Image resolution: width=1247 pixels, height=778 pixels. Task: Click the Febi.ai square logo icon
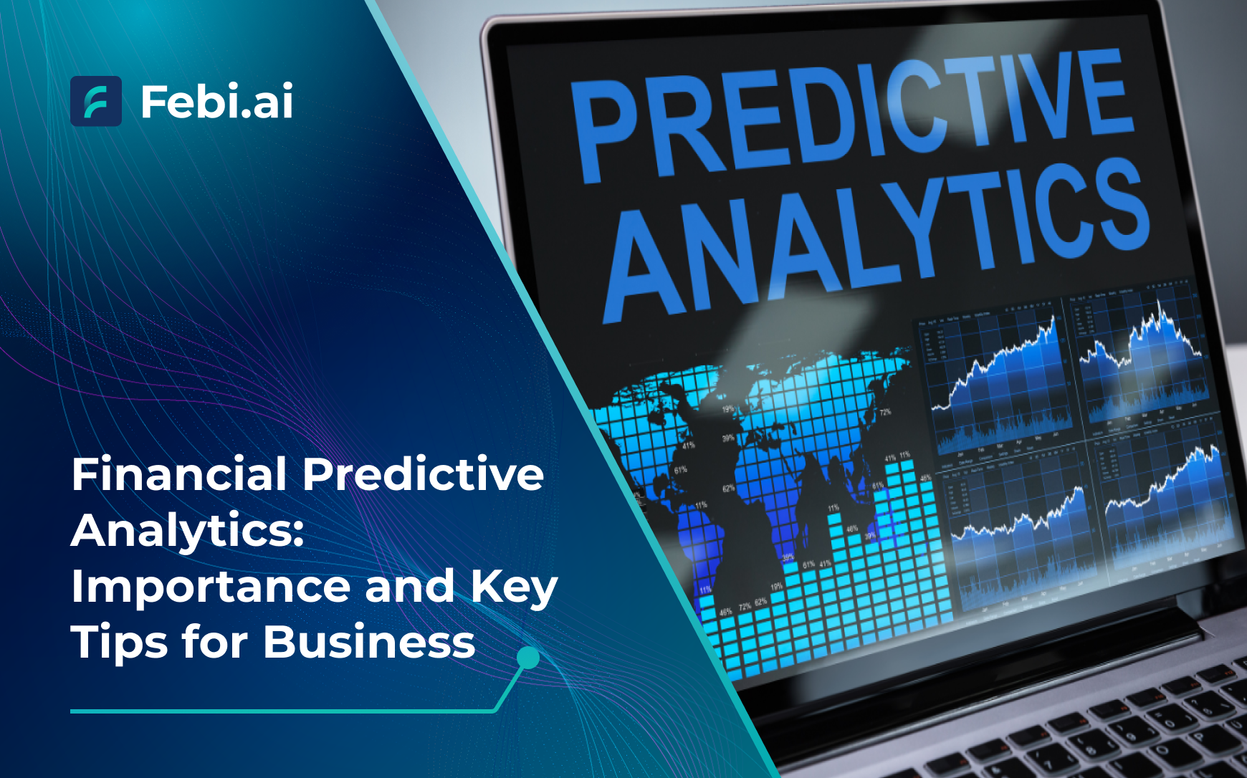pyautogui.click(x=96, y=101)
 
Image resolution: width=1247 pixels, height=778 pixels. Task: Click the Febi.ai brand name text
pyautogui.click(x=216, y=101)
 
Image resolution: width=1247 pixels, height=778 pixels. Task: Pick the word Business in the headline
pyautogui.click(x=369, y=641)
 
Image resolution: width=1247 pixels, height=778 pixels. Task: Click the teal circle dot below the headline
pyautogui.click(x=528, y=658)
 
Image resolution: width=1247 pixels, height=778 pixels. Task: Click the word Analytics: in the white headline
pyautogui.click(x=188, y=531)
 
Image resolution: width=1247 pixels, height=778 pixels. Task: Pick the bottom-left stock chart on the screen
pyautogui.click(x=1021, y=530)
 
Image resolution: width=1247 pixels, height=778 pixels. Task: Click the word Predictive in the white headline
pyautogui.click(x=423, y=474)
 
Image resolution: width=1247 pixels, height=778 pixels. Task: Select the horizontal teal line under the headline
pyautogui.click(x=279, y=711)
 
